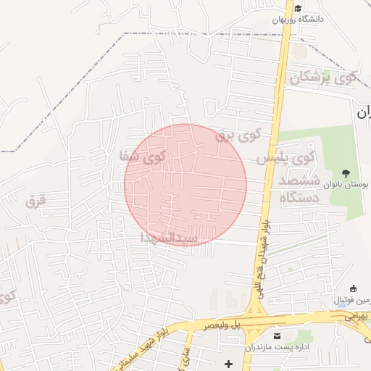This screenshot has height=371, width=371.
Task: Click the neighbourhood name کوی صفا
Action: click(x=143, y=155)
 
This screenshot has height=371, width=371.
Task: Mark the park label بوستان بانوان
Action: click(x=345, y=185)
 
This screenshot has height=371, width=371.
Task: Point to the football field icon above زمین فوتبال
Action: click(x=353, y=288)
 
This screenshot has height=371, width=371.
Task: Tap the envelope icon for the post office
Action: click(x=278, y=335)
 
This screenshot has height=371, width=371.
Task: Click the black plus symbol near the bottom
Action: click(x=229, y=362)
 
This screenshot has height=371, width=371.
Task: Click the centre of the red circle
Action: click(x=185, y=185)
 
